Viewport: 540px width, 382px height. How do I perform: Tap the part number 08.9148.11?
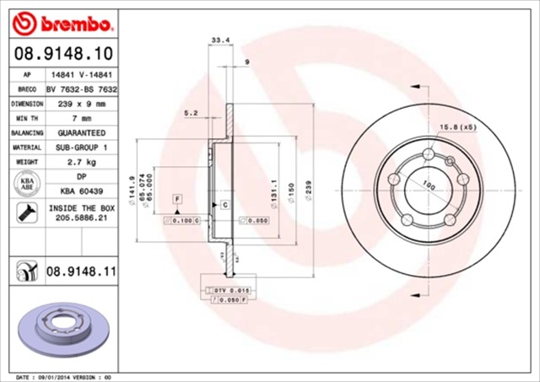(x=81, y=271)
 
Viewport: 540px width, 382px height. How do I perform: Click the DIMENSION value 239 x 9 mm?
(x=81, y=104)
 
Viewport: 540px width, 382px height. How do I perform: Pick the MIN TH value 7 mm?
(x=81, y=118)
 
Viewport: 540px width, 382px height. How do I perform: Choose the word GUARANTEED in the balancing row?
(x=81, y=133)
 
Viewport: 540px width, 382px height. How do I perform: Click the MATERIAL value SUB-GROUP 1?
(x=81, y=148)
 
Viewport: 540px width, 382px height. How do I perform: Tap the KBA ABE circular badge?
(x=24, y=183)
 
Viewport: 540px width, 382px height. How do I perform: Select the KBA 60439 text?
(x=81, y=191)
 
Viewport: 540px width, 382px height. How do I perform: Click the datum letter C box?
(x=226, y=204)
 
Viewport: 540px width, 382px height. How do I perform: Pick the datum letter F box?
(x=177, y=198)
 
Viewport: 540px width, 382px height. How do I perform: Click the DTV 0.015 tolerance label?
(x=228, y=290)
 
